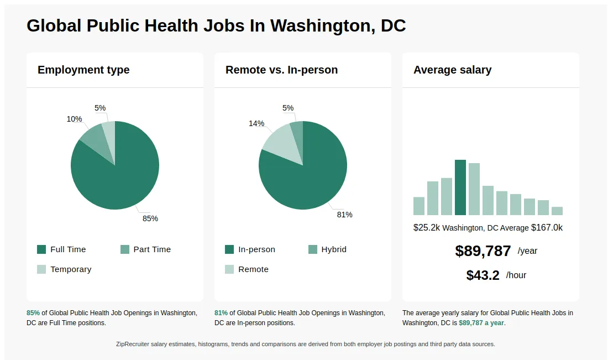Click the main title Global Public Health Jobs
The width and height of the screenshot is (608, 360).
(x=216, y=25)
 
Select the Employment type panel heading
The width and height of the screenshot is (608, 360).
(x=83, y=70)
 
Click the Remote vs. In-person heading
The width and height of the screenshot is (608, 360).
(x=281, y=70)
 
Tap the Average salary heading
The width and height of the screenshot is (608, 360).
(x=452, y=70)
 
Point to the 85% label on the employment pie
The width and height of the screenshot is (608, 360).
(x=150, y=218)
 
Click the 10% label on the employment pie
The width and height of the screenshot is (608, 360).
(x=74, y=119)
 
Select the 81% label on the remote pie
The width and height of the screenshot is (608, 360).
(x=344, y=215)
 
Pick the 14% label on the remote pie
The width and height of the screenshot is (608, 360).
(x=256, y=123)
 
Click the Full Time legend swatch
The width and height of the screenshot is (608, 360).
(x=42, y=249)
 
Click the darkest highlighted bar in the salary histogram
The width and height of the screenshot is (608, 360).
(x=460, y=187)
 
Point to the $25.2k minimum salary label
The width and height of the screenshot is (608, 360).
(x=426, y=228)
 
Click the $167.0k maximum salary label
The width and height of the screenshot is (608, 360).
(x=547, y=228)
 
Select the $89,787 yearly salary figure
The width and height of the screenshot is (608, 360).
(x=483, y=251)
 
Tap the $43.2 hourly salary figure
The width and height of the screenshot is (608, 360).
(x=483, y=275)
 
